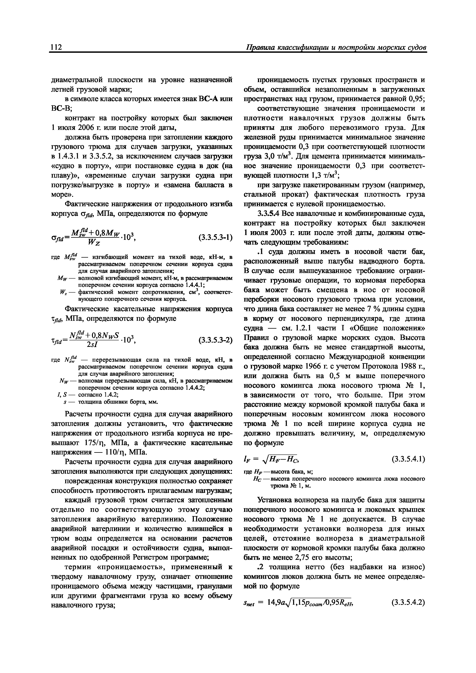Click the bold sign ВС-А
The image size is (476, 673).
pos(208,99)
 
